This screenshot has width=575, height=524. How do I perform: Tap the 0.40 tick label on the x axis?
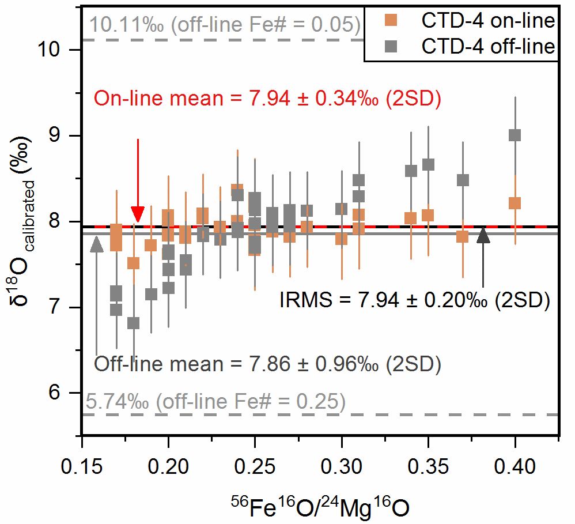coord(515,465)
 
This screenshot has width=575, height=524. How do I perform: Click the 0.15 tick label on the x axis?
coord(82,465)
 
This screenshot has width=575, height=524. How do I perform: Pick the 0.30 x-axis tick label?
coord(342,465)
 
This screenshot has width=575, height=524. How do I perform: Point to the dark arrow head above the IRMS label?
coord(483,235)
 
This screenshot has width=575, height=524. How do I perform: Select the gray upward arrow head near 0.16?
coord(97,244)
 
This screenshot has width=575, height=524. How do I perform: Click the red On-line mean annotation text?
coord(267,99)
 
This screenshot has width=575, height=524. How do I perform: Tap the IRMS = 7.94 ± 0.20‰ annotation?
coord(414,300)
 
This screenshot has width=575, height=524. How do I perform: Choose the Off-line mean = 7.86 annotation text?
coord(267,364)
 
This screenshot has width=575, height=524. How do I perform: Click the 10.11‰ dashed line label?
coord(225,25)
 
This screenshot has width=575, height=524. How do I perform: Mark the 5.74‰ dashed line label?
coord(216,401)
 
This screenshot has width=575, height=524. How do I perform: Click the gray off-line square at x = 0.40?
coord(515,135)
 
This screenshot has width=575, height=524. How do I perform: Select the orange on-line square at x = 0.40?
coord(515,203)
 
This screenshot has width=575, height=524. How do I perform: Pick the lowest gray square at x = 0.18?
coord(134,323)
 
